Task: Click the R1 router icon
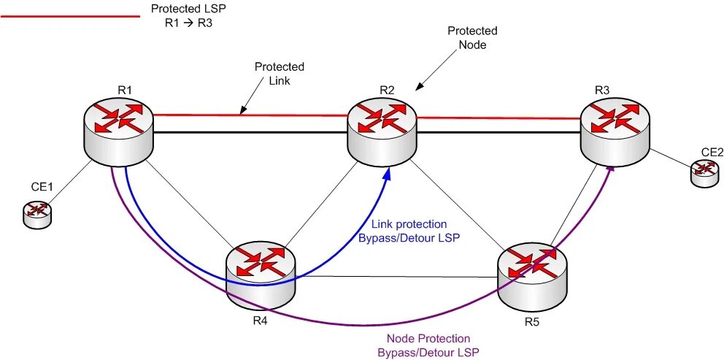(118, 130)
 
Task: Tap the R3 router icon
(615, 130)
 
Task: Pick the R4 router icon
(261, 274)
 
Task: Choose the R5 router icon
(533, 274)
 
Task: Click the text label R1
(125, 90)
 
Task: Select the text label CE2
(712, 152)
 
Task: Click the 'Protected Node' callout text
(472, 38)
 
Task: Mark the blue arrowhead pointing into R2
(386, 173)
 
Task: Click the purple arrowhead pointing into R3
(610, 172)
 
